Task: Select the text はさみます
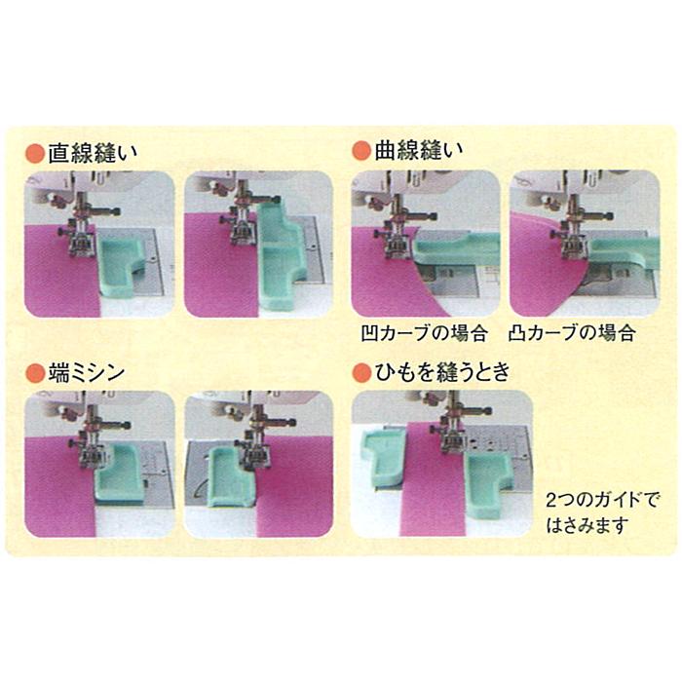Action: coord(587,524)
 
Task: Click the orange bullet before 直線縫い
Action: coord(34,153)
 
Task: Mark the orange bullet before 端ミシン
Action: coord(34,372)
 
